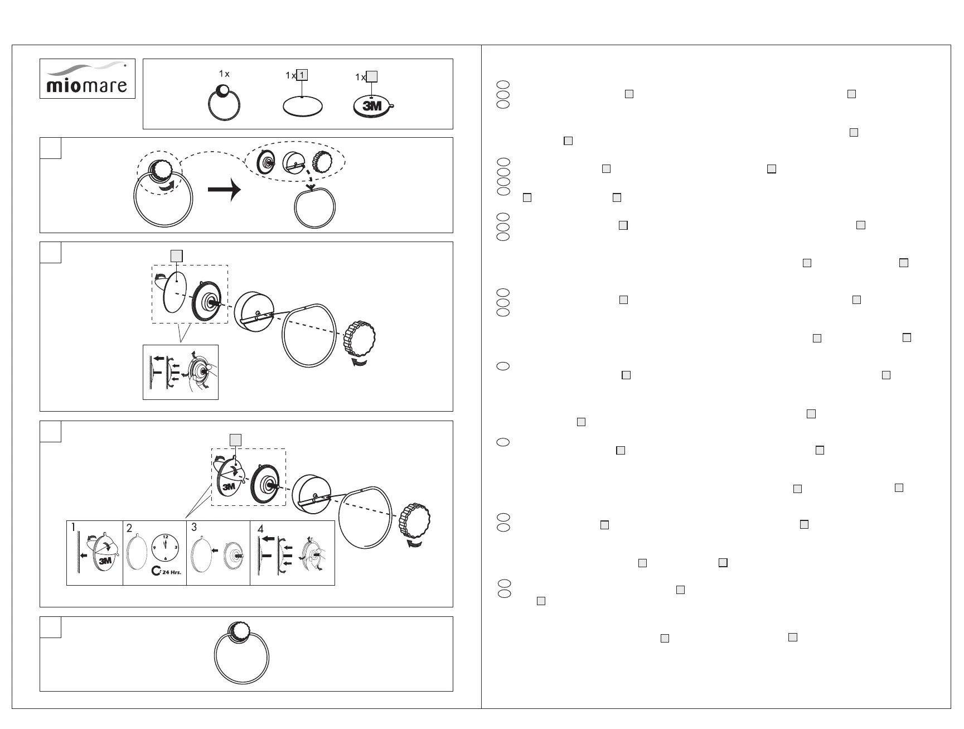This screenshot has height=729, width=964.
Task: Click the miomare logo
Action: coord(87,79)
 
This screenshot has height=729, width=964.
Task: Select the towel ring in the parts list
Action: coord(224,103)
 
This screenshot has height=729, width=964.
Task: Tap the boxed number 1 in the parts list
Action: coord(302,75)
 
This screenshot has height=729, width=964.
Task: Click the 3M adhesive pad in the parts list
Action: coord(372,107)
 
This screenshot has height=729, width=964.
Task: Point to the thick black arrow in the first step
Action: coord(224,190)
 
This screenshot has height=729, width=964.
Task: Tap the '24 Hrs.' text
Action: coord(171,572)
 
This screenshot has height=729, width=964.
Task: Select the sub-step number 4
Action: coord(260,528)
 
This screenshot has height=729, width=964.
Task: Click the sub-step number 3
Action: coord(194,527)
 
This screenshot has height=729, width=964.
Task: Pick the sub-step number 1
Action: coord(73,527)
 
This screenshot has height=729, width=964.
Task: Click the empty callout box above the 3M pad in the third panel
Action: coord(236,440)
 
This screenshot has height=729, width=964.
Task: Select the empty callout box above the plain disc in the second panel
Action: coord(176,255)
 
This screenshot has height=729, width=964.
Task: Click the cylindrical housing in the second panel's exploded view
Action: coord(254,312)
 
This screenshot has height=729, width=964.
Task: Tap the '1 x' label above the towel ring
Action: coord(224,74)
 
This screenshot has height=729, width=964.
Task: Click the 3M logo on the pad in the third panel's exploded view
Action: coord(229,487)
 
